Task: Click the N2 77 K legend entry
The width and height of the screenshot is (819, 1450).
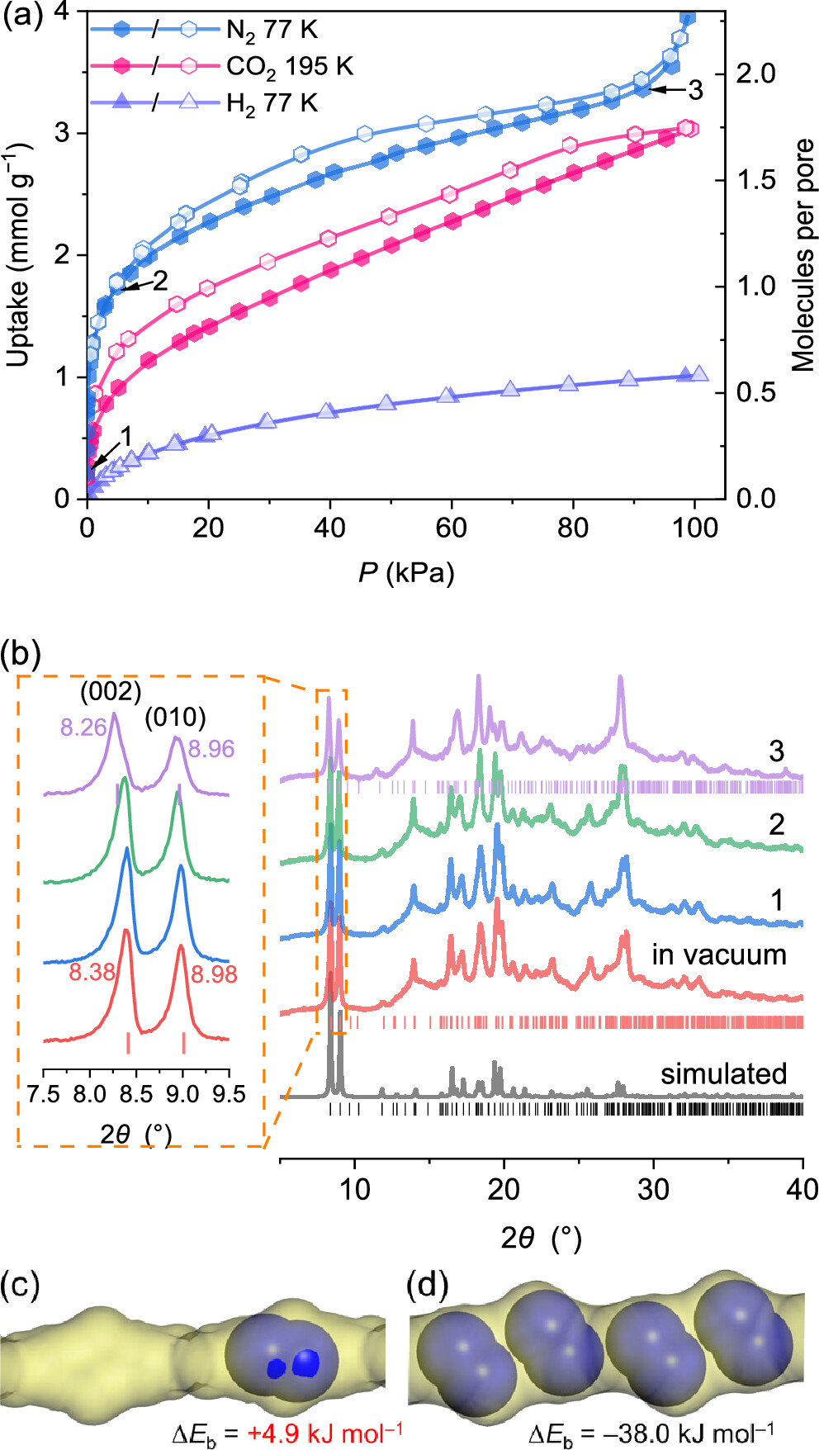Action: [x=272, y=31]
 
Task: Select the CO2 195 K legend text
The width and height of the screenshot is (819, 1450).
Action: [x=289, y=67]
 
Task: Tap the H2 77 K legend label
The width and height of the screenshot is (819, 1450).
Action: [x=272, y=103]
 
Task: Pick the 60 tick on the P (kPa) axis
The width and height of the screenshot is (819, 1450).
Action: [x=451, y=528]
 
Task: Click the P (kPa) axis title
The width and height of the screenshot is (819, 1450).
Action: [x=406, y=572]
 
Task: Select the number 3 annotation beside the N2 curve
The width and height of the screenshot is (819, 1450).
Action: [x=695, y=90]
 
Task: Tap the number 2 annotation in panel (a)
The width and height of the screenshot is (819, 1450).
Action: [x=159, y=282]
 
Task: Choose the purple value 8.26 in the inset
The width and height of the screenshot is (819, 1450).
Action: [x=83, y=727]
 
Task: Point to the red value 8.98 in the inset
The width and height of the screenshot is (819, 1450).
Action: [x=214, y=975]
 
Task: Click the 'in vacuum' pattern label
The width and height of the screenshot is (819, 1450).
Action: [x=718, y=955]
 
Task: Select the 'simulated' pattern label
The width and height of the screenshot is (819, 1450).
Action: [x=723, y=1074]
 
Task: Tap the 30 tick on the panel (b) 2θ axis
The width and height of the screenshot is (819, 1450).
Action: [x=653, y=1190]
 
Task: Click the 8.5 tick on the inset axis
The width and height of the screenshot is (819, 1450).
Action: [x=136, y=1095]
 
